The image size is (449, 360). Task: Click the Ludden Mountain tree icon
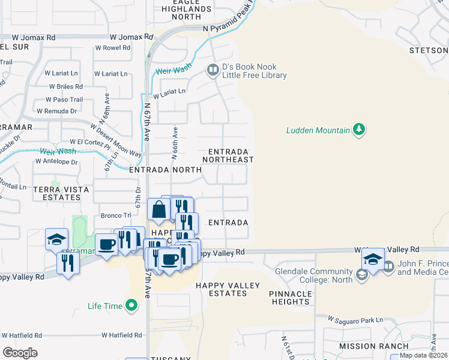point(359,130)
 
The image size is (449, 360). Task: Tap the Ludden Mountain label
point(318,130)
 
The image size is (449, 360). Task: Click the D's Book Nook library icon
point(212,71)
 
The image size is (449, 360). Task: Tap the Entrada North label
point(165,170)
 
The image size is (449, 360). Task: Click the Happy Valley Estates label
point(221,289)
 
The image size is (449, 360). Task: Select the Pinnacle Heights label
point(291,298)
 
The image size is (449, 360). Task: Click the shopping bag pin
point(158,210)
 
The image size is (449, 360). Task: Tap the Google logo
point(20,353)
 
